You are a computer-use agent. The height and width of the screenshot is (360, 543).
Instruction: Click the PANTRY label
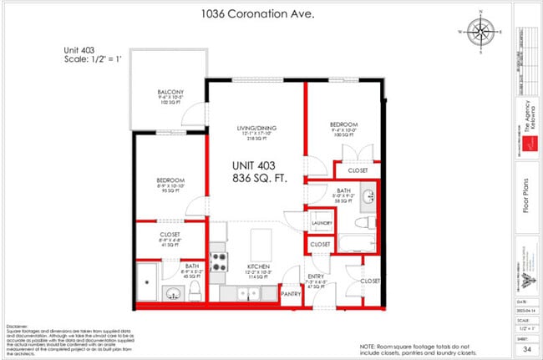coord(290,294)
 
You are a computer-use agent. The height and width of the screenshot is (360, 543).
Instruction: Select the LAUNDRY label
coord(322,223)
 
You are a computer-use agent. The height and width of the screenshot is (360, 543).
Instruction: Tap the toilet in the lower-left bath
coord(195,290)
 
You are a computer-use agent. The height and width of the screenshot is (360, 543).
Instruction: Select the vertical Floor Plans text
coord(526,200)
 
